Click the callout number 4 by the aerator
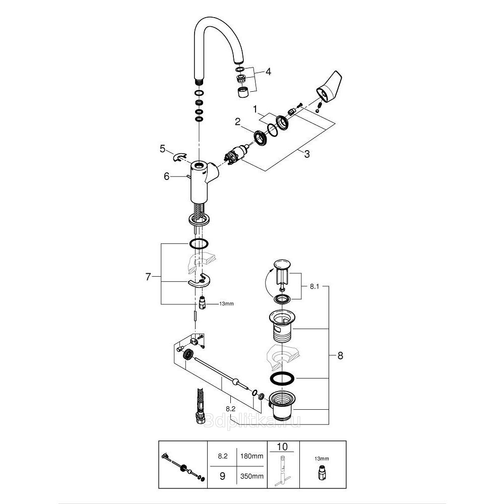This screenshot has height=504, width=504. [269, 72]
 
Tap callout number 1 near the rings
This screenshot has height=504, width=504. [256, 109]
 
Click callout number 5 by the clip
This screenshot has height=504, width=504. [162, 148]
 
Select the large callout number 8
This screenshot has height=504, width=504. [340, 355]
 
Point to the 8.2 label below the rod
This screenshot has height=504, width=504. [231, 410]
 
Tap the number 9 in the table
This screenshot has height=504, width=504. [222, 475]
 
